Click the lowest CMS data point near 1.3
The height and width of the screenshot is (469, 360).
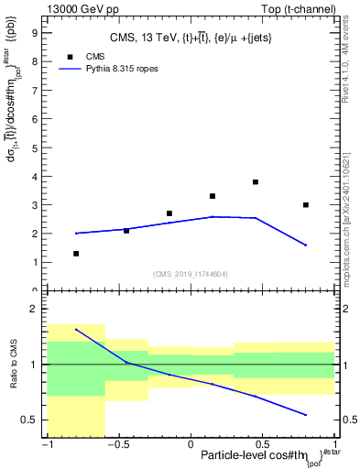(x=76, y=254)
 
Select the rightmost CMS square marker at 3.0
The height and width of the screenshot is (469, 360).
(x=306, y=205)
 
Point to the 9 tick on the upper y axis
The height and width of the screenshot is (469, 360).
(x=35, y=33)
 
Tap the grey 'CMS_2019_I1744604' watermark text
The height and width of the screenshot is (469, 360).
(x=191, y=275)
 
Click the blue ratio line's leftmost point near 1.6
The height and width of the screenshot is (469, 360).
(x=76, y=330)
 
